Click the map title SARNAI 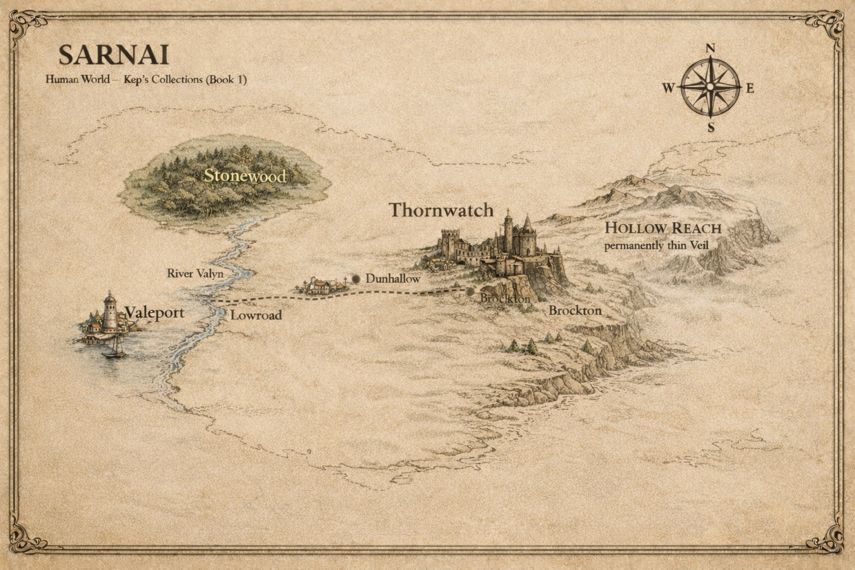114,55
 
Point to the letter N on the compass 710,48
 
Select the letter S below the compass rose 711,127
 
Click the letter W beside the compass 669,88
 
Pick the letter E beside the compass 750,88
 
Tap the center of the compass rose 710,87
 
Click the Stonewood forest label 245,176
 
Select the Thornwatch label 441,210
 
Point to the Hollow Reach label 663,228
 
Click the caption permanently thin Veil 656,245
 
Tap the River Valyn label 195,273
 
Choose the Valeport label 155,313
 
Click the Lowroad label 256,315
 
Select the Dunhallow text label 393,278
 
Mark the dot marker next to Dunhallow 356,278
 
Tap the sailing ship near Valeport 114,347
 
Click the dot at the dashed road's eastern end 470,291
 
